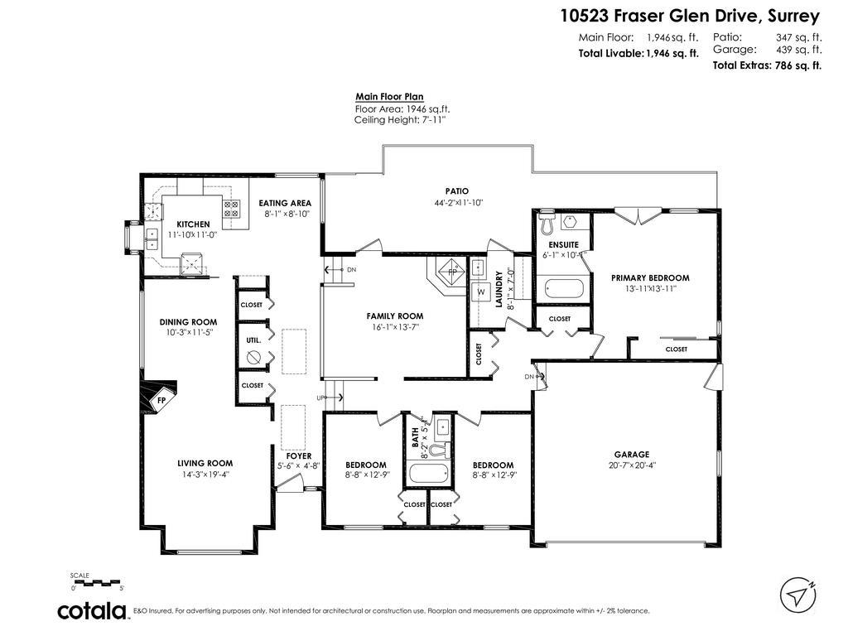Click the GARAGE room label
(x=631, y=454)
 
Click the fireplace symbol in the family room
(x=450, y=272)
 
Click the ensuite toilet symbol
(x=546, y=224)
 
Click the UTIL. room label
(x=253, y=340)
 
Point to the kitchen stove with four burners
(x=231, y=210)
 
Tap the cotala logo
(x=92, y=611)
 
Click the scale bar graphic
(x=97, y=582)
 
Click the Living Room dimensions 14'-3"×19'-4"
(x=205, y=475)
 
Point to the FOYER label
(x=299, y=455)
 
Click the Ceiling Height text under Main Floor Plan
(x=400, y=120)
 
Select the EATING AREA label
(x=285, y=203)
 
